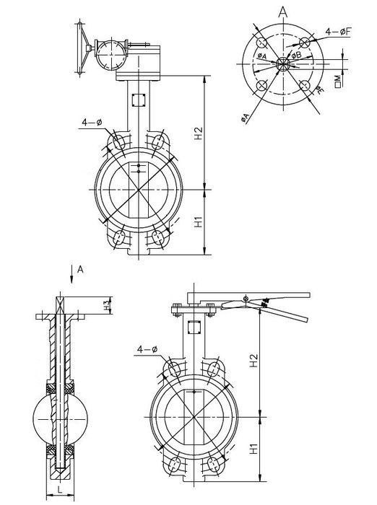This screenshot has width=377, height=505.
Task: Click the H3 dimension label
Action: tap(107, 305)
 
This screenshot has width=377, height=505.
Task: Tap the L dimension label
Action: tap(60, 490)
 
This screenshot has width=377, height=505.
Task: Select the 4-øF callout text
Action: tap(338, 32)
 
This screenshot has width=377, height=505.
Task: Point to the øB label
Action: tap(296, 55)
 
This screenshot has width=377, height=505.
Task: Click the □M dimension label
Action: tap(338, 82)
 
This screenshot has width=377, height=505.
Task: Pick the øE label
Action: tap(319, 89)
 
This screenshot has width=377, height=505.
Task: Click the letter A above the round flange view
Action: tap(283, 12)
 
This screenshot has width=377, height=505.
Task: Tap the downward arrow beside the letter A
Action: tap(71, 274)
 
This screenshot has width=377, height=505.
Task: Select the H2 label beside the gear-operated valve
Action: tap(199, 133)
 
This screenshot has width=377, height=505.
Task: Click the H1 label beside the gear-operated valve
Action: tap(199, 222)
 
